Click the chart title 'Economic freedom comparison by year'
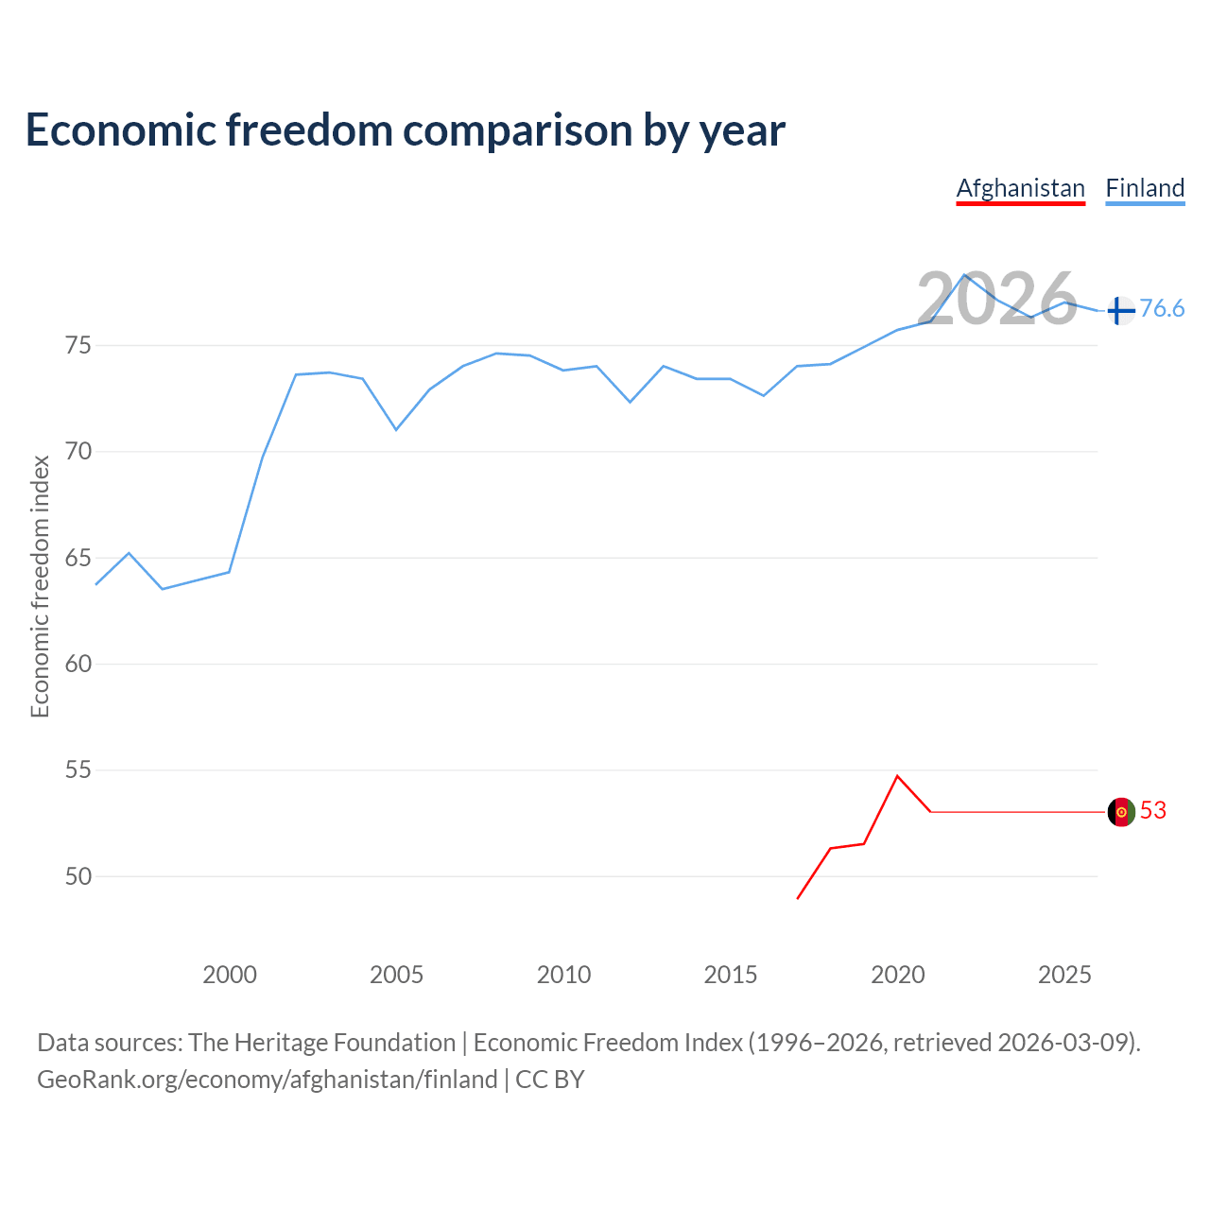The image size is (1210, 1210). (406, 130)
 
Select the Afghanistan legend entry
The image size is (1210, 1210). (1020, 188)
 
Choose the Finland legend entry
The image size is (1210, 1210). (1145, 188)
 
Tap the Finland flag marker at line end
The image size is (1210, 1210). (1120, 310)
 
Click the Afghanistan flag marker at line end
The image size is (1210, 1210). (1121, 812)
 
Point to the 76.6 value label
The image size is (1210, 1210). (1162, 309)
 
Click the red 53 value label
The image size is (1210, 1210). (1153, 811)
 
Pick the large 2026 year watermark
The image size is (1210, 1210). (996, 299)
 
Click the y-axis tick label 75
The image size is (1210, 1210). (78, 346)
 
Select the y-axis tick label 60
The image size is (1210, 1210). (78, 665)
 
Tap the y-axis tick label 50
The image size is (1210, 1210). (78, 877)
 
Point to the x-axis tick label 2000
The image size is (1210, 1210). (230, 976)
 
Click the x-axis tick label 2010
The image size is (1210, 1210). (563, 976)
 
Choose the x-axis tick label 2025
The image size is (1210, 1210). (1064, 976)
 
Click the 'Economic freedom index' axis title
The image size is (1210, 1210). (40, 586)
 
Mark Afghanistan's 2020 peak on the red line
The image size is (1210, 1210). (897, 776)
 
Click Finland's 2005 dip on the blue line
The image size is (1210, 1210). (396, 430)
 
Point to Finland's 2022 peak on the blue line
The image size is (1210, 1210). (964, 275)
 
